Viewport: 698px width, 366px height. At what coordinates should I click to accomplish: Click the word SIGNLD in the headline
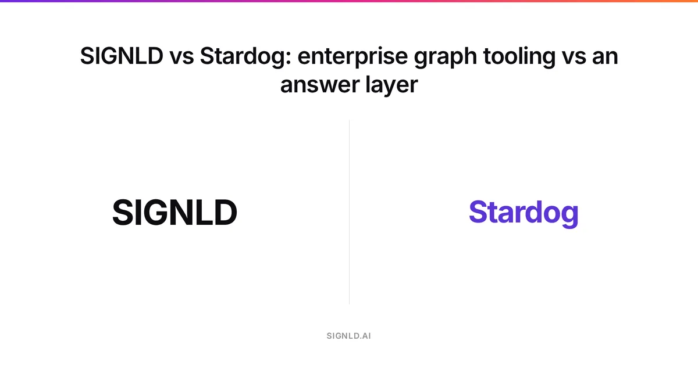tap(122, 56)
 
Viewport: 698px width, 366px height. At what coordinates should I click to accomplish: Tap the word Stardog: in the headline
tap(245, 58)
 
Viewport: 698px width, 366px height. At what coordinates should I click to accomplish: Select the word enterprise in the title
tap(352, 58)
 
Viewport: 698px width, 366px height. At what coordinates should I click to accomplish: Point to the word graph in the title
tap(446, 58)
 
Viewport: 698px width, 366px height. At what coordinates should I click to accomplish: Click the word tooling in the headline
tap(519, 58)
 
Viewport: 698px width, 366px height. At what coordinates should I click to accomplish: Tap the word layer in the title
tap(391, 85)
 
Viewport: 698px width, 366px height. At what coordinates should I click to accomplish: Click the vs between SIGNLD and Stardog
tap(181, 58)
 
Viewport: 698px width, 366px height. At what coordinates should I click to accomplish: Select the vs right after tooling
tap(574, 58)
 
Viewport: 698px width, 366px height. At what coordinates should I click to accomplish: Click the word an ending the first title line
tap(605, 58)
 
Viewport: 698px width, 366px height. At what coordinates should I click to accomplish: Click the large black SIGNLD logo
tap(174, 212)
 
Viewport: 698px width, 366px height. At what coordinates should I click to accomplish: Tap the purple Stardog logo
tap(523, 214)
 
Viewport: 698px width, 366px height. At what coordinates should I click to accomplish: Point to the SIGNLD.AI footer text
tap(348, 336)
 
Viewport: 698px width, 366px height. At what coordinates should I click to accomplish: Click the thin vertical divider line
tap(350, 212)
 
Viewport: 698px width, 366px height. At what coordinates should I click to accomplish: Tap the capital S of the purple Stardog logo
tap(479, 211)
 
